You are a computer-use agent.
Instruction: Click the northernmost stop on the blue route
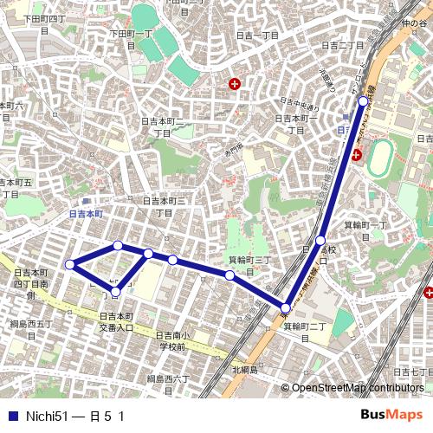363,100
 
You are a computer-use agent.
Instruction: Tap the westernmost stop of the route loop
70,264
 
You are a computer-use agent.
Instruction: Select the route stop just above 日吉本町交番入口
115,292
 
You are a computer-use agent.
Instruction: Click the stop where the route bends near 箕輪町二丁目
286,307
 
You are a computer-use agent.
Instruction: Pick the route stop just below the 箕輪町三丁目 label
229,275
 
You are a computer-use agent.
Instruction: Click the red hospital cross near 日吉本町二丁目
234,84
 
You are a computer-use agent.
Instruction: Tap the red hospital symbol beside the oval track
356,156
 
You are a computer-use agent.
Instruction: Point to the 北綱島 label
245,370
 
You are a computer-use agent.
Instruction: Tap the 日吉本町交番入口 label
115,322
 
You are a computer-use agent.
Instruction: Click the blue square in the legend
12,416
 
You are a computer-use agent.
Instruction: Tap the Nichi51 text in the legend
47,416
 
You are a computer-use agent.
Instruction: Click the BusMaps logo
391,414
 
